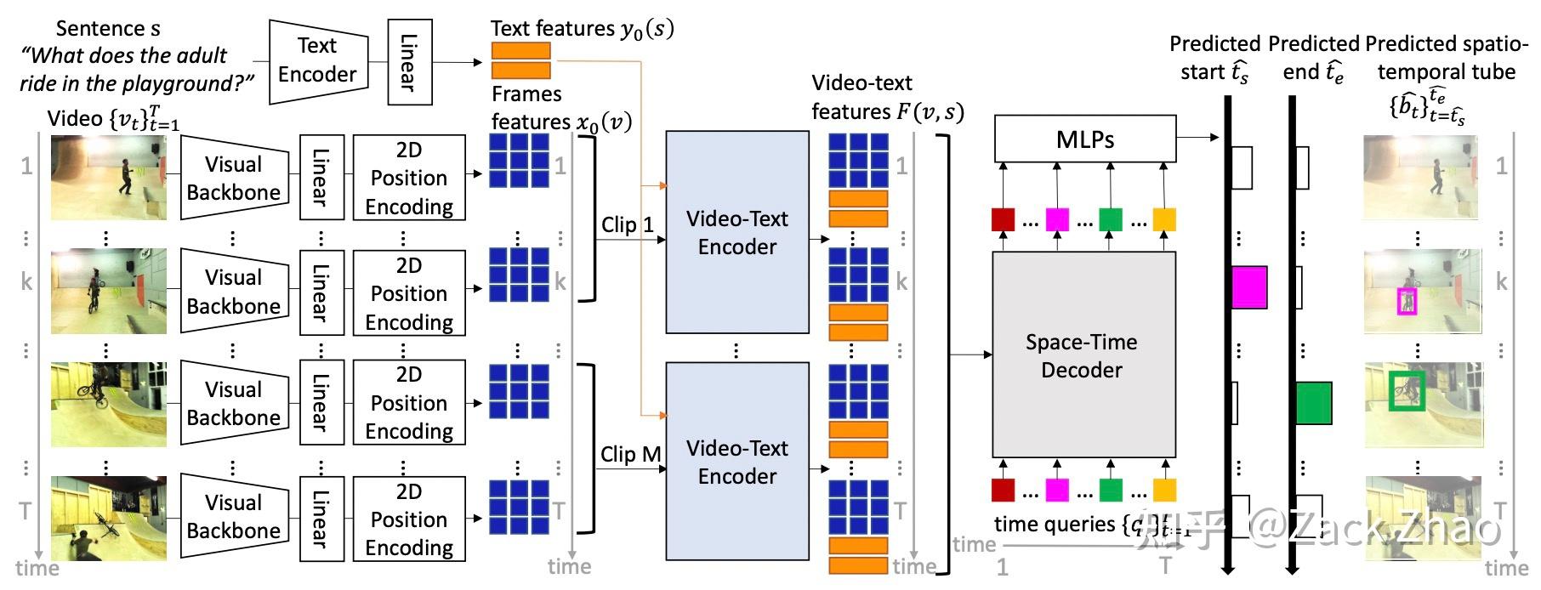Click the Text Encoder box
(318, 61)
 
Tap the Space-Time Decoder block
(1083, 355)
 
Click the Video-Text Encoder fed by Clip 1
(736, 232)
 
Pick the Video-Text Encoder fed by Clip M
(736, 462)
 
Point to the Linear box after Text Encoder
(409, 62)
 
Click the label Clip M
(630, 455)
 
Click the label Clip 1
(627, 225)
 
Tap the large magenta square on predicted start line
(1249, 287)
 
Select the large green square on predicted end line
(1314, 403)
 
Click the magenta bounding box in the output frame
(1407, 301)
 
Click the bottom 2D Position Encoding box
(409, 519)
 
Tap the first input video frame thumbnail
(108, 178)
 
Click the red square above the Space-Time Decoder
(1003, 220)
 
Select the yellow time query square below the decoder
(1164, 491)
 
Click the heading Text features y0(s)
(582, 29)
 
